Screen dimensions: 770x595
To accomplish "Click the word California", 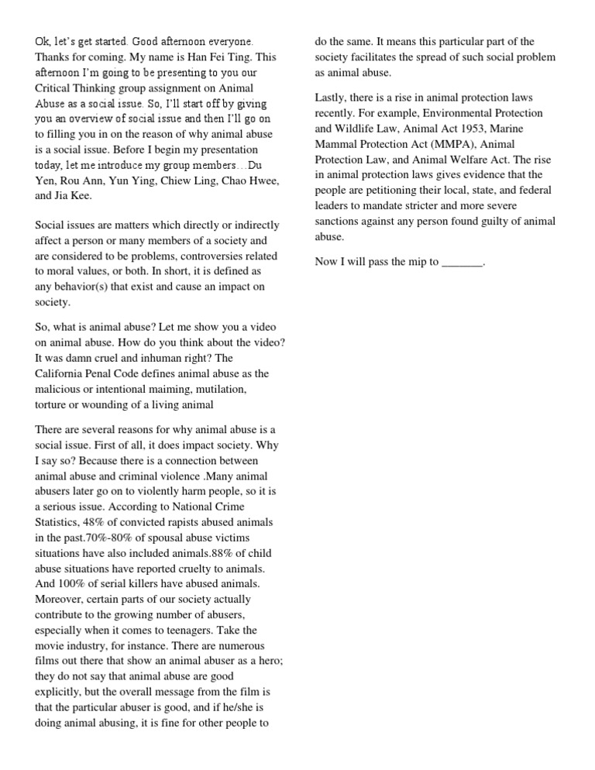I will tap(67, 373).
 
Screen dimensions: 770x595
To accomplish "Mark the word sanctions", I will tap(339, 222).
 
